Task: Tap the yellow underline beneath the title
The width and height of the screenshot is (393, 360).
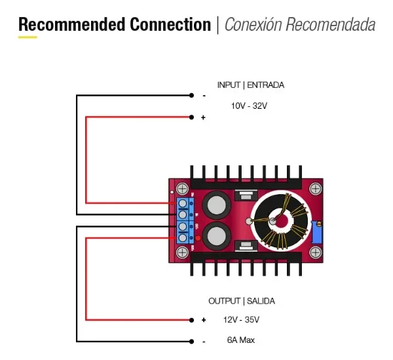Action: [x=28, y=37]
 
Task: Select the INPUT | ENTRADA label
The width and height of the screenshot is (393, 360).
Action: [x=250, y=85]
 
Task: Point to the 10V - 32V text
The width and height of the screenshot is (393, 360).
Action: [x=249, y=106]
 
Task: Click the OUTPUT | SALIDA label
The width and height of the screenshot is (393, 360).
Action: [x=241, y=301]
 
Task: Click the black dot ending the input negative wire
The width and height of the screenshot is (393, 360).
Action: [x=191, y=96]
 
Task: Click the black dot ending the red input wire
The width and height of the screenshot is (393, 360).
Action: [x=191, y=117]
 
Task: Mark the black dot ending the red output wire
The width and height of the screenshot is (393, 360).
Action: [x=191, y=320]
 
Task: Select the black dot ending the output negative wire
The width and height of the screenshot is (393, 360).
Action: [x=191, y=341]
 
